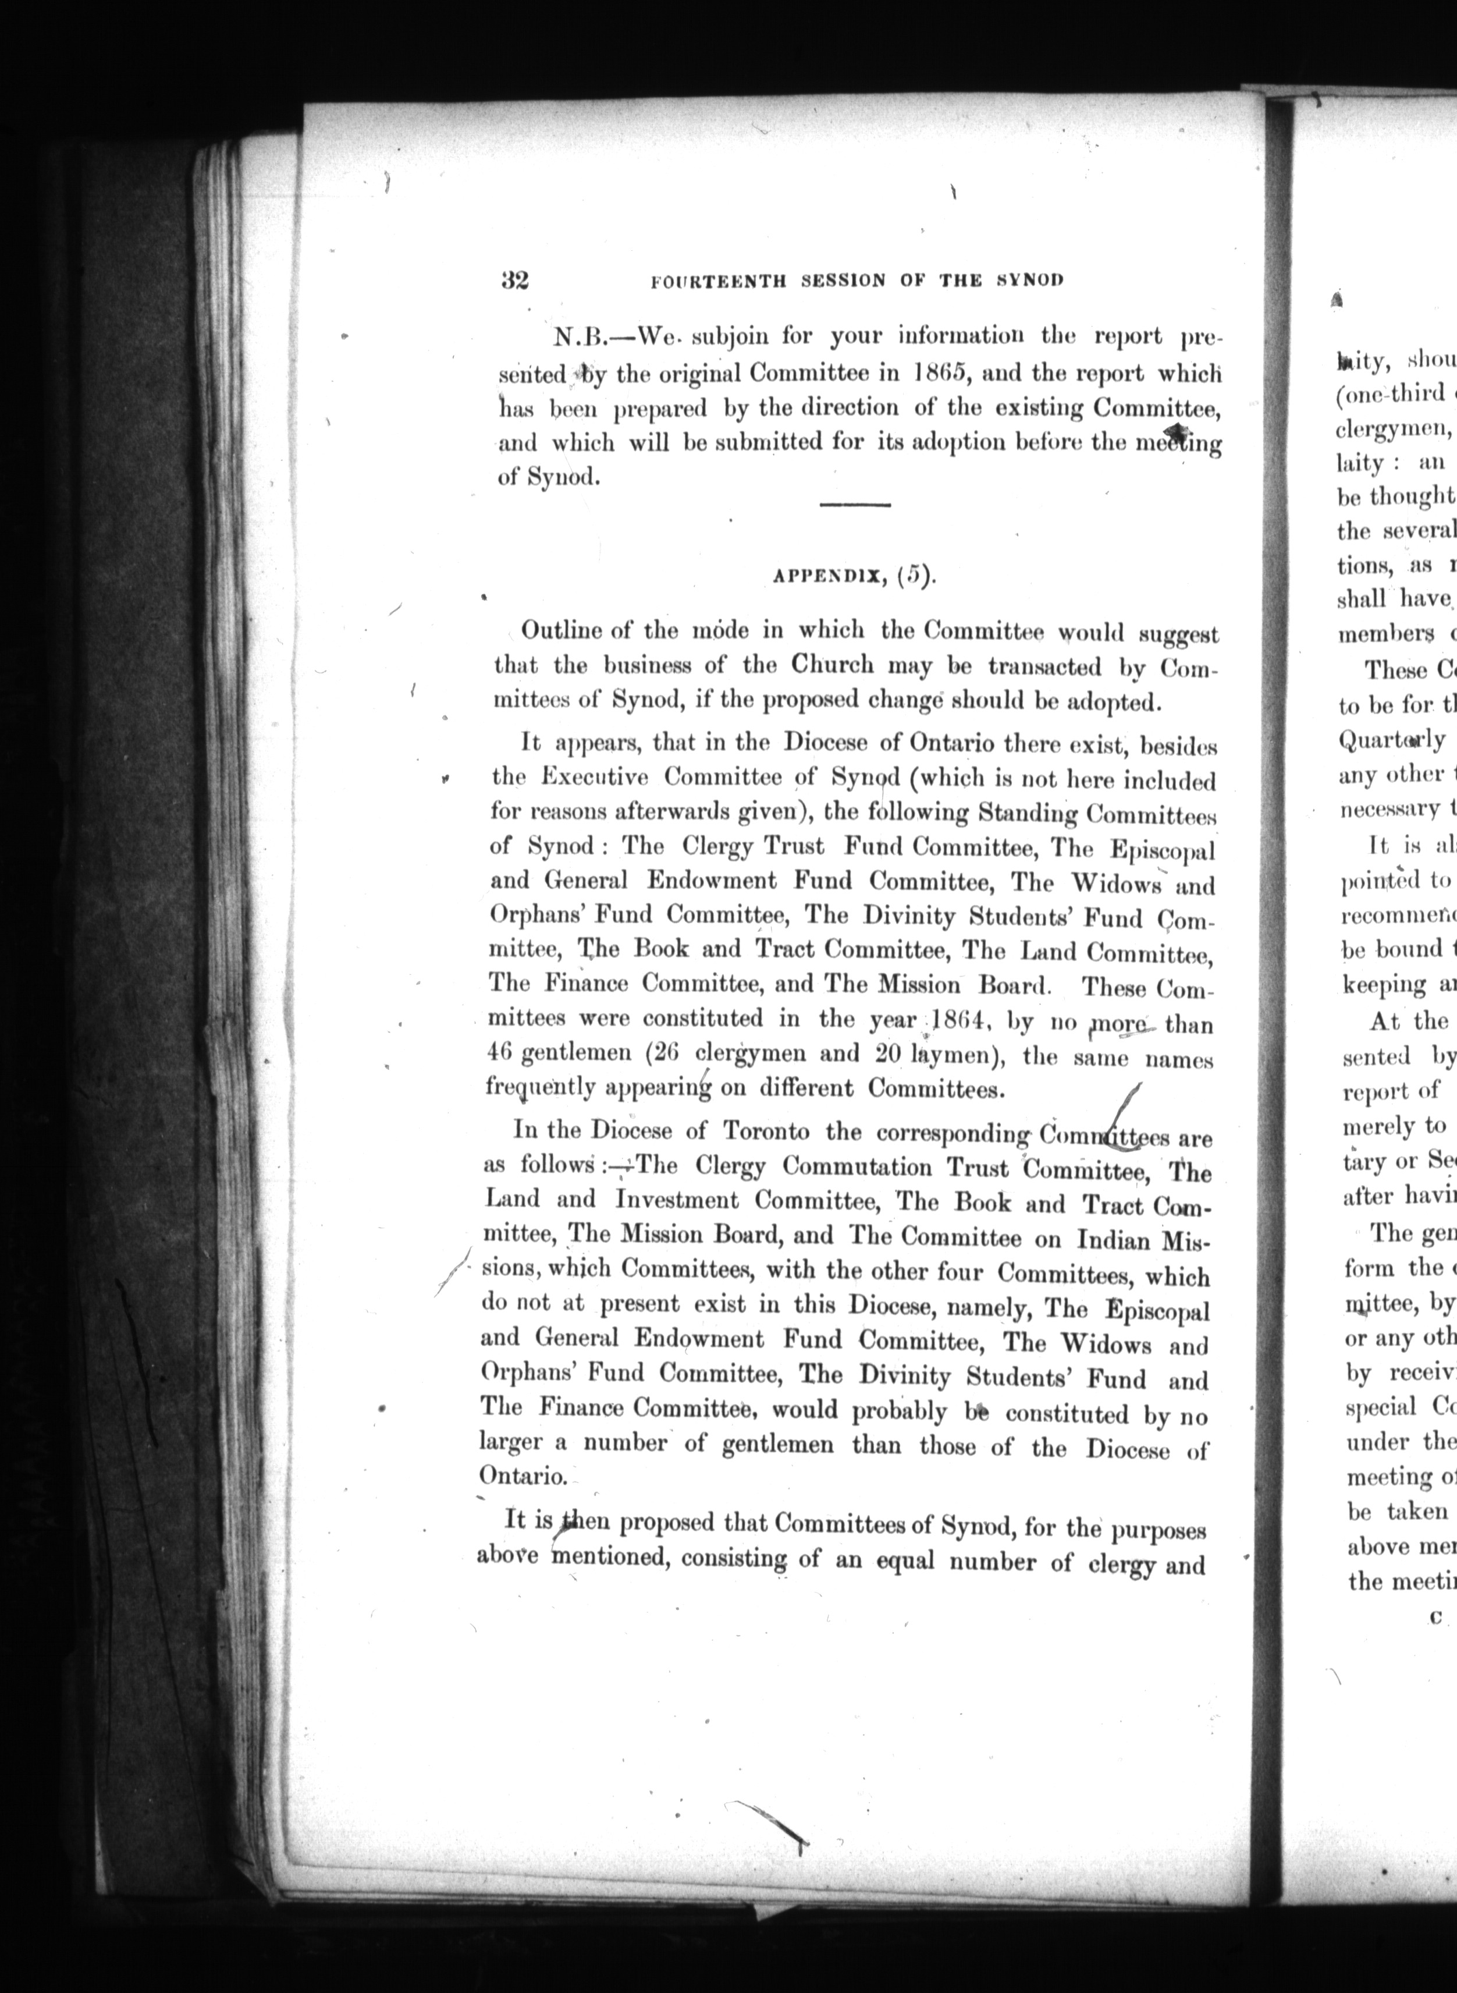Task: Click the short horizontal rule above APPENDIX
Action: [x=855, y=505]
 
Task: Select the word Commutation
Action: [x=861, y=1167]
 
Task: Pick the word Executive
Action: [x=595, y=778]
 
